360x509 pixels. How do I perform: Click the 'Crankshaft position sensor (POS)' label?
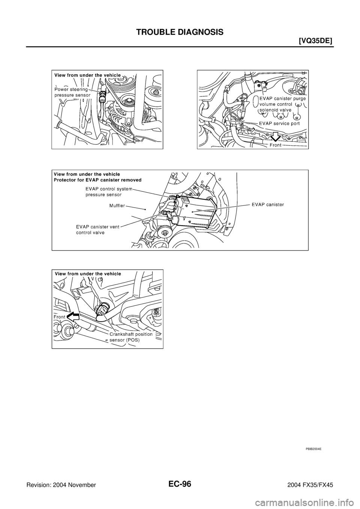[x=131, y=337]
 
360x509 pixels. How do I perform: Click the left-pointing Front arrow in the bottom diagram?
[x=74, y=317]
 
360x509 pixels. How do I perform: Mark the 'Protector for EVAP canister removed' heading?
[x=97, y=180]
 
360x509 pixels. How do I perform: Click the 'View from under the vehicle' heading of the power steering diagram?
[x=87, y=75]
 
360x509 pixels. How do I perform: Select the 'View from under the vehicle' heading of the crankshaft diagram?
[x=88, y=274]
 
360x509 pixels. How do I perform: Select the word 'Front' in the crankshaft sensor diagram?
[x=60, y=317]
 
